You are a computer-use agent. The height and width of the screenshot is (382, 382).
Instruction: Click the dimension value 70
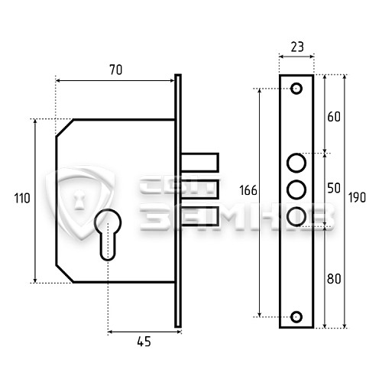(116, 70)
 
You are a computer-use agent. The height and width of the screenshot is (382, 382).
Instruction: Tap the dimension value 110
(22, 199)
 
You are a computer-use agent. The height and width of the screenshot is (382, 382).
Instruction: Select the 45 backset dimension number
(144, 342)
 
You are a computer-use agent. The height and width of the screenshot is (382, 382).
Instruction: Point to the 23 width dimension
(297, 47)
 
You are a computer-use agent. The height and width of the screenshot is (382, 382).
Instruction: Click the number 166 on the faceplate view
(248, 190)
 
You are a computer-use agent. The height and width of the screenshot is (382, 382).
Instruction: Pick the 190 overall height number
(357, 197)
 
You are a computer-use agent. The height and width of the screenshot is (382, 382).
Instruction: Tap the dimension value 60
(334, 117)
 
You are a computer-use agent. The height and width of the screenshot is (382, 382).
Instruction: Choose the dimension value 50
(334, 188)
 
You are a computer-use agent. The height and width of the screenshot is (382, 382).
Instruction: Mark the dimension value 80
(334, 279)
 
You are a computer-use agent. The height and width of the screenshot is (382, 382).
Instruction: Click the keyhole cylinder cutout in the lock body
(108, 235)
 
